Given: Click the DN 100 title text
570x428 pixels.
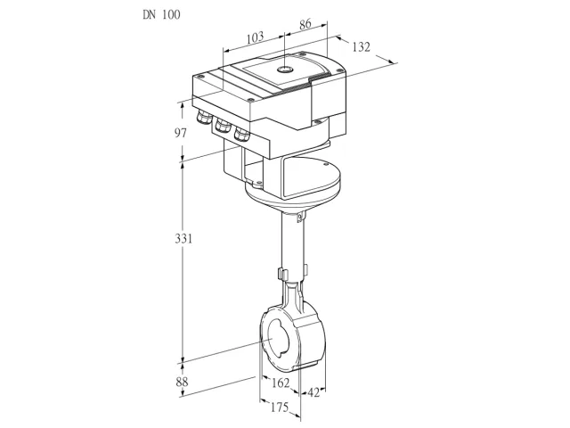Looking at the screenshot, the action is click(x=161, y=14).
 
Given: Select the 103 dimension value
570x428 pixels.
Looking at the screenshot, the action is click(x=256, y=37).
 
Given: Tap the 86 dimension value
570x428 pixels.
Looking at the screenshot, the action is click(x=305, y=24).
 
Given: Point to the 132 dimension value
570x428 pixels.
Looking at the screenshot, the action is click(x=361, y=47).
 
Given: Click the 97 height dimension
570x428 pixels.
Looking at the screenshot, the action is click(x=181, y=133).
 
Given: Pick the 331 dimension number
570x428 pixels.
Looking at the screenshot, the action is click(x=183, y=239).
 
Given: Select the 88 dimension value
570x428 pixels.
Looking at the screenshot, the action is click(x=182, y=382).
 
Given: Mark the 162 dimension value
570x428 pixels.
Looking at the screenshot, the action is click(x=281, y=383).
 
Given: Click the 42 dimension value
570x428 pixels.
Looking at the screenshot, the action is click(x=313, y=392).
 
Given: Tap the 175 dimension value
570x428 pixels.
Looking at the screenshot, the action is click(x=279, y=407).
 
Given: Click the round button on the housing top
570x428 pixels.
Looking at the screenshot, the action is click(x=285, y=70).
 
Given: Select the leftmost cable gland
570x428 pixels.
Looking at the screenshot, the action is click(x=204, y=117).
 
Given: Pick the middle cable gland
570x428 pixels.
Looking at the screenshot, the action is click(x=223, y=126).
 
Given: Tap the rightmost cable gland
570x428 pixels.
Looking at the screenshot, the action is click(x=241, y=135).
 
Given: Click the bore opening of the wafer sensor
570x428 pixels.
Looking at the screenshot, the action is click(x=278, y=339).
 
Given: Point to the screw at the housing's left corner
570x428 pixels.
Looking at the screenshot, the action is click(x=199, y=77).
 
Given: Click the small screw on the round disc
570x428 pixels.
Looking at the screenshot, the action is click(x=324, y=164).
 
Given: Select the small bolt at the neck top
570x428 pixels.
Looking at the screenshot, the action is click(x=299, y=218).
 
